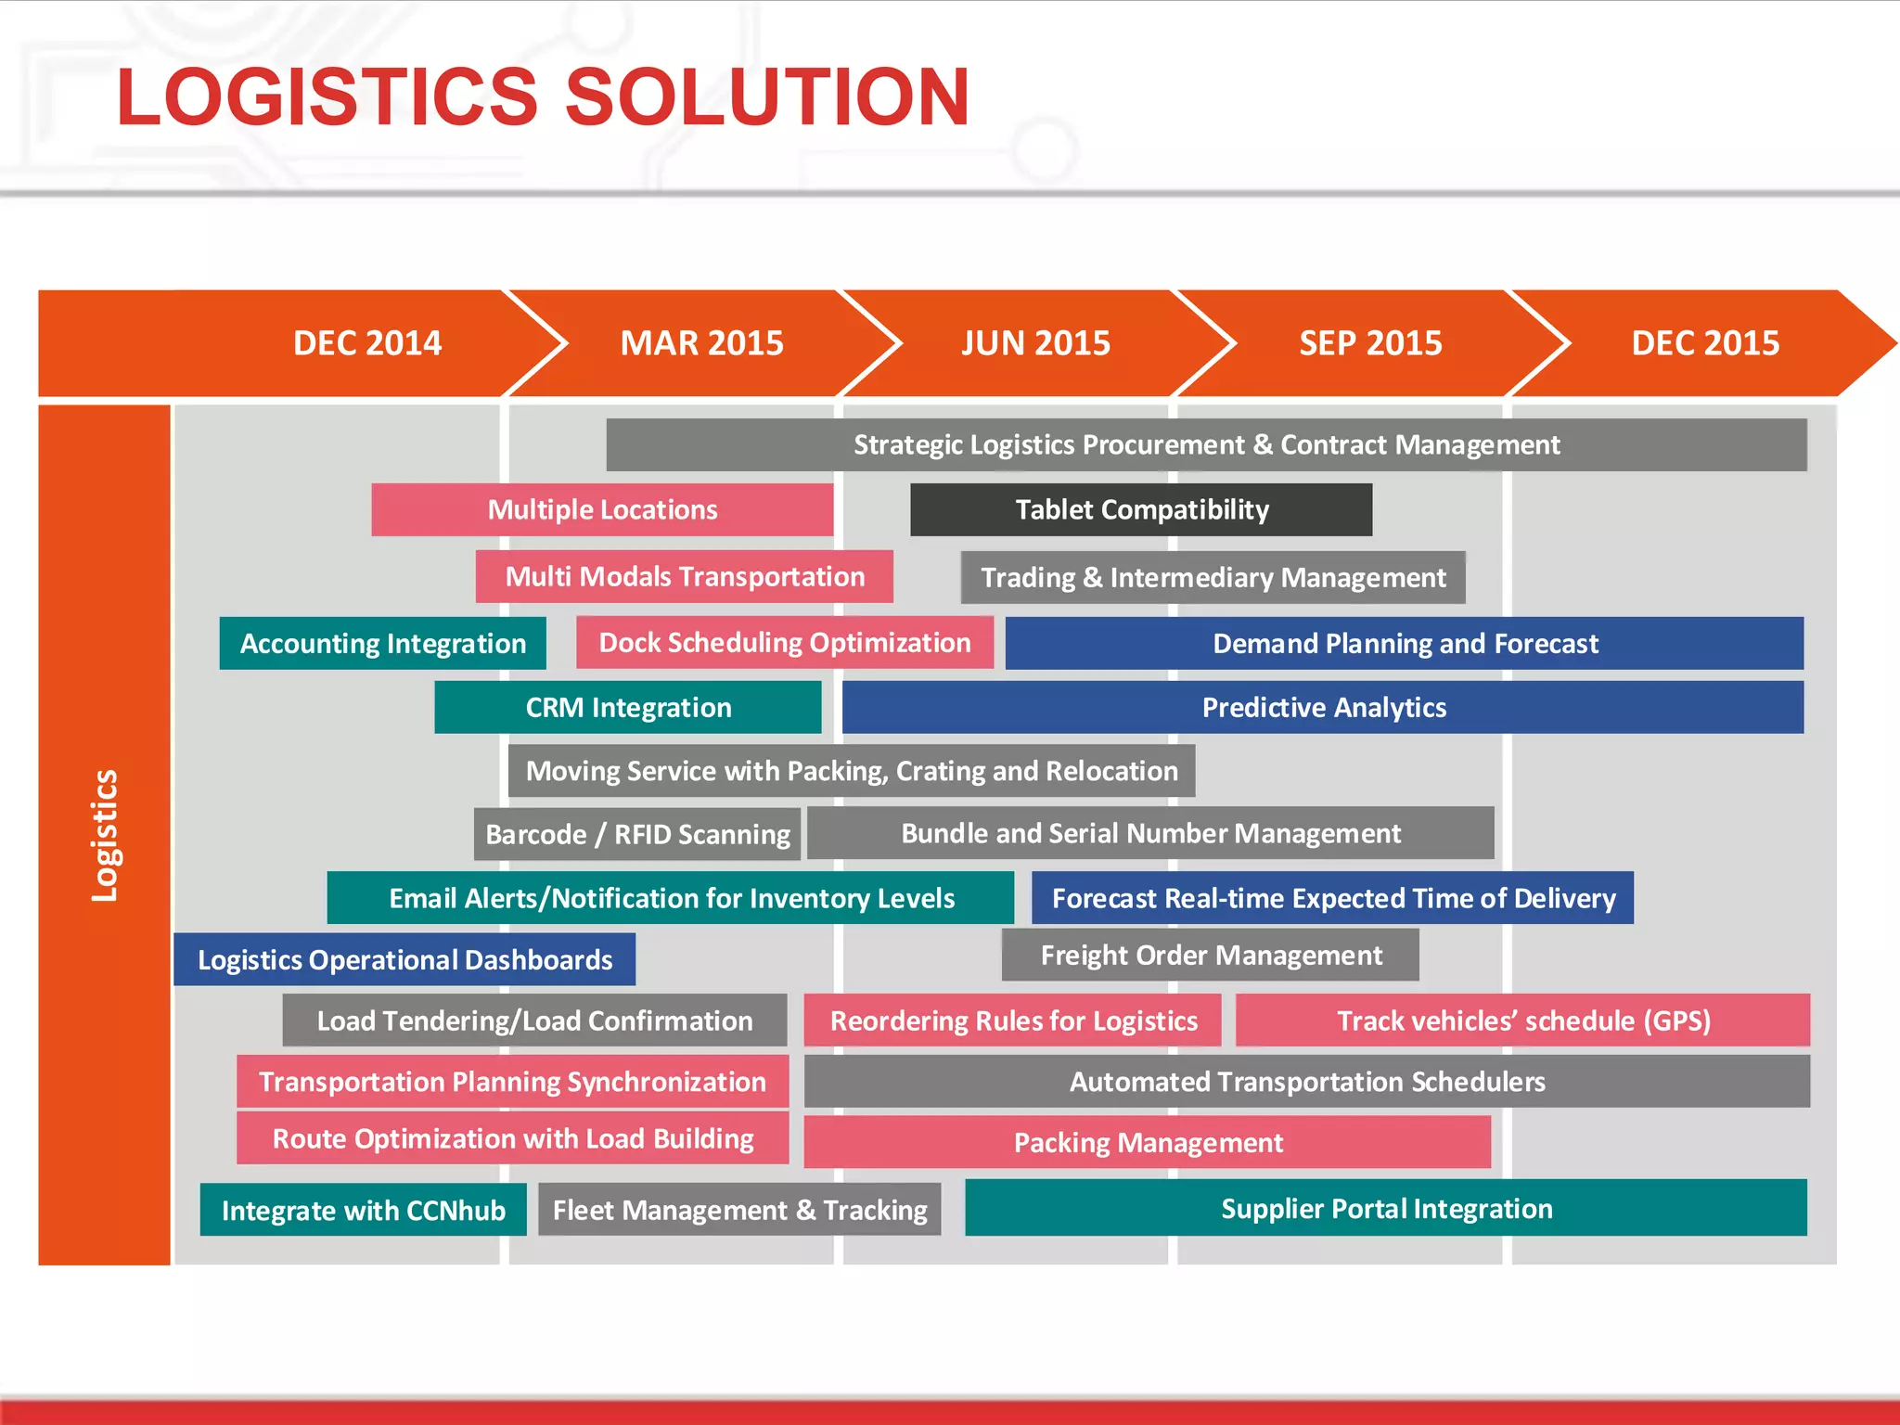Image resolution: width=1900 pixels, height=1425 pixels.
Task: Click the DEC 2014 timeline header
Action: [x=367, y=343]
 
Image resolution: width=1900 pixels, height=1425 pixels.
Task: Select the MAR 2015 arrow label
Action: [x=701, y=343]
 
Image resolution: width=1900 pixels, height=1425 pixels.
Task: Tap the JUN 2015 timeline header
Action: [x=1035, y=343]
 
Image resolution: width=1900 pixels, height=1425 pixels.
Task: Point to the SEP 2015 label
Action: [x=1370, y=343]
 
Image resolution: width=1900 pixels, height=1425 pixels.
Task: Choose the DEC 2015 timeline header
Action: [x=1705, y=343]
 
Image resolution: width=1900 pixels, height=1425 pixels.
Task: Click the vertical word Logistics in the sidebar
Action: [x=105, y=835]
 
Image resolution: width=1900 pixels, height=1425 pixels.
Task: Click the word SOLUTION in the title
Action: [x=766, y=96]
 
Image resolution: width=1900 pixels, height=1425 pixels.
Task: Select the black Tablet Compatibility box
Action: [x=1141, y=509]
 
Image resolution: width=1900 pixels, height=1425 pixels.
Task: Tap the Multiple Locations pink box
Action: [x=602, y=509]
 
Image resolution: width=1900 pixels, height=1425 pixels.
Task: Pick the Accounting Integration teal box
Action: [x=382, y=643]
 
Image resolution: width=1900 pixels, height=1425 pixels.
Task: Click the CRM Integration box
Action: [x=628, y=708]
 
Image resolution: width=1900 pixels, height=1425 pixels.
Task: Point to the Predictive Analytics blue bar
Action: [x=1323, y=708]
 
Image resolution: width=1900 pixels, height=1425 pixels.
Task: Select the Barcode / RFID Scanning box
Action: [x=637, y=834]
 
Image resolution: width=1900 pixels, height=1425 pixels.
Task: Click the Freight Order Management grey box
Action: [x=1211, y=955]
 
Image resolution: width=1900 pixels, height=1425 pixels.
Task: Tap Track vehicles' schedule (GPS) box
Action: [x=1522, y=1021]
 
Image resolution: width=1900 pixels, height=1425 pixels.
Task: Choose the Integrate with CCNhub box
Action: [x=363, y=1210]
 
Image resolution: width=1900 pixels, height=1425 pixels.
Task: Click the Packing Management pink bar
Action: [x=1148, y=1142]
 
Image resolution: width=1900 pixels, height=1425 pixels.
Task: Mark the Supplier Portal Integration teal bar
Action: [x=1386, y=1208]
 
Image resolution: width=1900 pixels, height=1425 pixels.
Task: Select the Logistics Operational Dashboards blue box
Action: [x=404, y=959]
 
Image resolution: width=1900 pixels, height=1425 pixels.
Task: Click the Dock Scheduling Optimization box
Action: [x=784, y=643]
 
